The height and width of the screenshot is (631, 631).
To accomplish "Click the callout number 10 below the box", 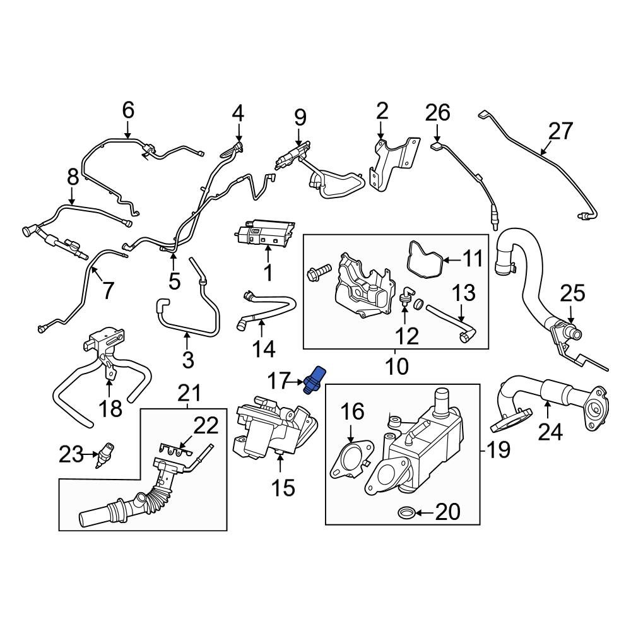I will point(396,365).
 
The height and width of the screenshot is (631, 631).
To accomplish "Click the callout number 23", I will point(71,454).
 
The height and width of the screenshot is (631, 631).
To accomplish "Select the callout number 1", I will point(268,273).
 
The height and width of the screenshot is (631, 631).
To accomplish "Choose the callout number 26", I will point(437,113).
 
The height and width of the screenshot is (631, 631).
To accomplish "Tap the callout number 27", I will point(560,131).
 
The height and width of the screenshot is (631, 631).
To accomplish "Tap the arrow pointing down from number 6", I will point(128,131).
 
